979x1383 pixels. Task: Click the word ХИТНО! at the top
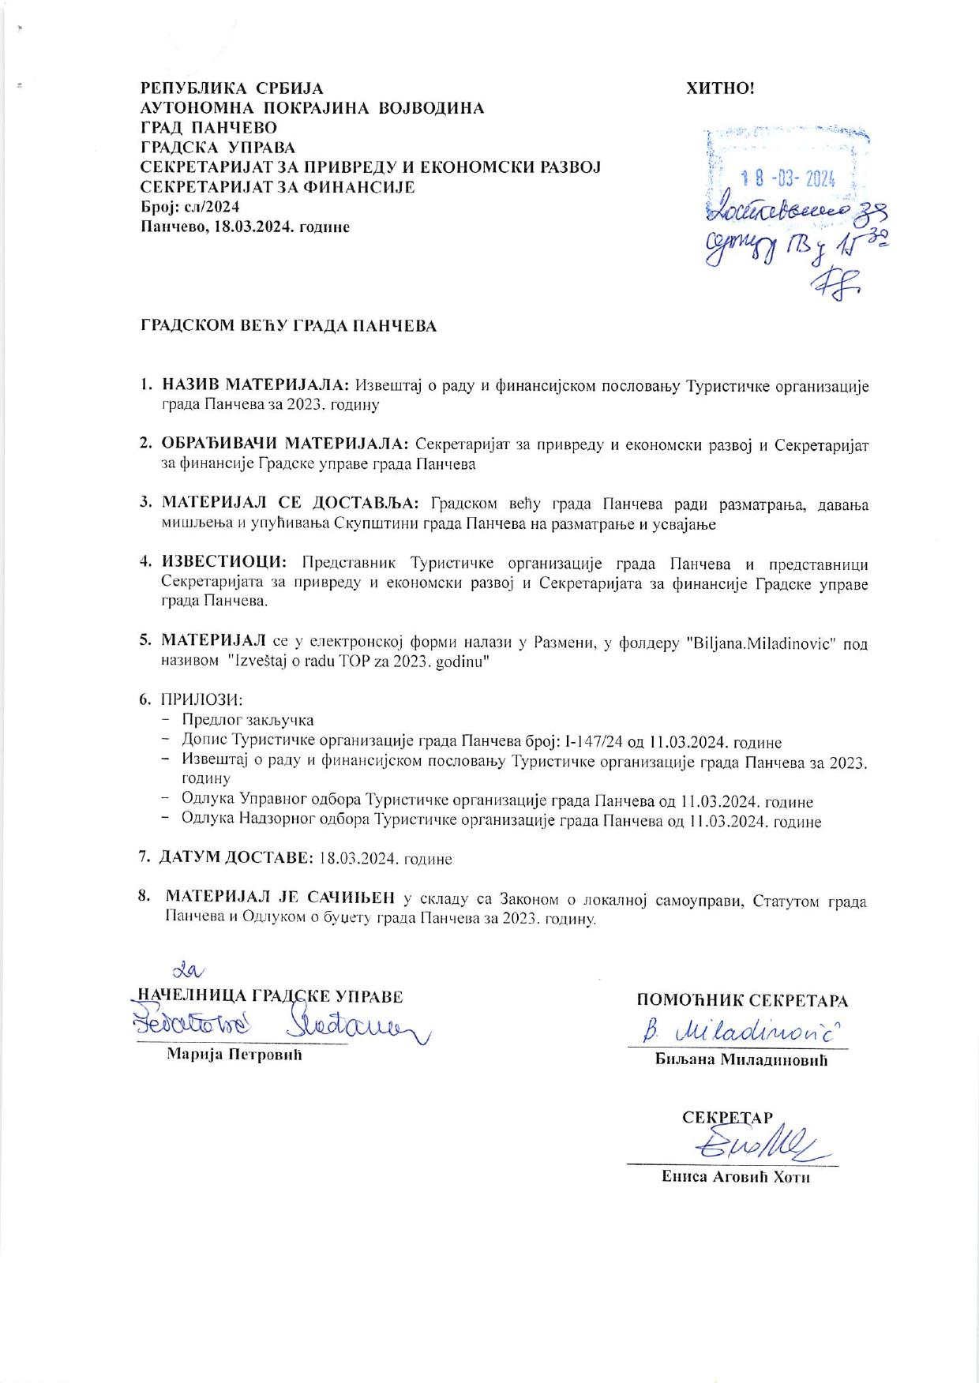pyautogui.click(x=720, y=88)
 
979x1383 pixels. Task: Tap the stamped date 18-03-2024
pyautogui.click(x=785, y=179)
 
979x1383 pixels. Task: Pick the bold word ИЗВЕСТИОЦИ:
pyautogui.click(x=224, y=564)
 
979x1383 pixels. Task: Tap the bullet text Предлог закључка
pyautogui.click(x=247, y=720)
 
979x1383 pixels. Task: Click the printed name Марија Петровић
pyautogui.click(x=234, y=1055)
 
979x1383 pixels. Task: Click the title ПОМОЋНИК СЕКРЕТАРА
pyautogui.click(x=742, y=1001)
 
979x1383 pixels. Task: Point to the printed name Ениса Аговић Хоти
pyautogui.click(x=736, y=1178)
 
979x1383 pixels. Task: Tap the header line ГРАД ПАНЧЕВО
pyautogui.click(x=208, y=128)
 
